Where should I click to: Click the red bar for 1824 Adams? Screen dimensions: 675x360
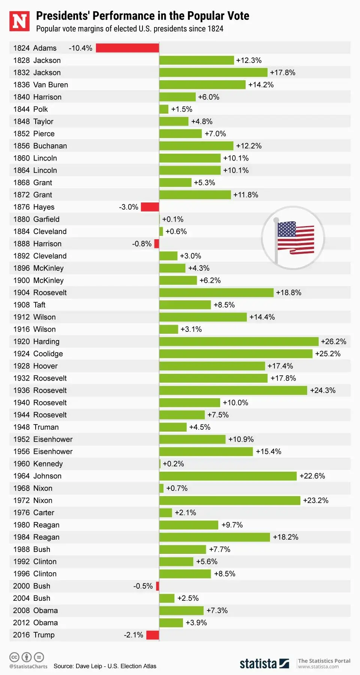point(127,48)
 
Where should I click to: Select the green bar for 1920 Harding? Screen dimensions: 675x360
point(238,342)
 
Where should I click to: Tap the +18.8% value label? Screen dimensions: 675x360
point(288,292)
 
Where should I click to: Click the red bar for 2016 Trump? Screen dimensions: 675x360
point(153,635)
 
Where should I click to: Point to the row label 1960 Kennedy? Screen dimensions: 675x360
point(38,464)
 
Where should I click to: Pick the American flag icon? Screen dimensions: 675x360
point(293,237)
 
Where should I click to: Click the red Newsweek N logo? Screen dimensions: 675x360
point(19,21)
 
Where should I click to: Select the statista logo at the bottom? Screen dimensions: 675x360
point(264,664)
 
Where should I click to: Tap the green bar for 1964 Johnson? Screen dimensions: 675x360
point(228,476)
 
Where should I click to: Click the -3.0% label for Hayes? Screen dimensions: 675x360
point(129,207)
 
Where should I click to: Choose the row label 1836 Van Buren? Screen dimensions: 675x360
point(40,85)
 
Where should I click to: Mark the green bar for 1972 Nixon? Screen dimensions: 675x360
point(229,501)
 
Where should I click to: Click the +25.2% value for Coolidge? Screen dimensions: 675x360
point(328,354)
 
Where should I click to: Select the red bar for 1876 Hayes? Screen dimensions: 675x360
point(150,207)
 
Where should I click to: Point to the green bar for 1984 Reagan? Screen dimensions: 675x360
point(214,537)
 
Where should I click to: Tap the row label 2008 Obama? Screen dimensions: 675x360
point(35,610)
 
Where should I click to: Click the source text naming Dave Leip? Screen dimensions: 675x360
point(105,666)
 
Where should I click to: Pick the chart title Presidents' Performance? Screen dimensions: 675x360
point(142,16)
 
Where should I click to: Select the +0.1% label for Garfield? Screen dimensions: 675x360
point(172,219)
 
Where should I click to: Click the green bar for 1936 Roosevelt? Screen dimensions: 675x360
point(233,390)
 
